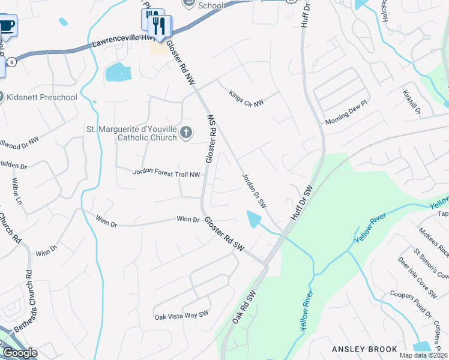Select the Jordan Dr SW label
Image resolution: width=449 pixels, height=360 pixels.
[x=255, y=191]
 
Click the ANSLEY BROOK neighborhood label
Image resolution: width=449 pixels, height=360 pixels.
[x=364, y=349]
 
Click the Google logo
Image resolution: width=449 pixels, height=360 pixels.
[x=20, y=353]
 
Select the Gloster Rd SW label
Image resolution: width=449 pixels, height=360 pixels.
[x=224, y=233]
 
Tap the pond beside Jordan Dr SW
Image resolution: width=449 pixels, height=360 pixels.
[x=254, y=218]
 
